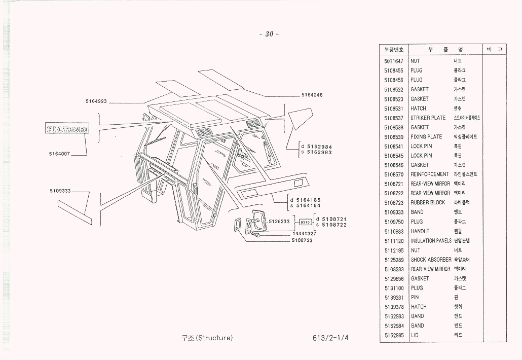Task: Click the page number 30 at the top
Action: click(269, 34)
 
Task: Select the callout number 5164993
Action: click(96, 101)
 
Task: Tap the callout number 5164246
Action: click(312, 95)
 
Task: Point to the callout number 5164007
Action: click(60, 154)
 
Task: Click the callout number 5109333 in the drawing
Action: click(60, 191)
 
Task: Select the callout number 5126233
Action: click(279, 221)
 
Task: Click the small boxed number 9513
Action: click(305, 222)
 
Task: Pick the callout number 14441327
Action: click(304, 234)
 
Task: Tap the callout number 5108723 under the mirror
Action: click(302, 240)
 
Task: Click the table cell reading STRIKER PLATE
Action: click(428, 118)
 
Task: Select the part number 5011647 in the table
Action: click(394, 61)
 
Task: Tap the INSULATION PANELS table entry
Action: click(431, 241)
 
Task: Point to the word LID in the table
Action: click(415, 335)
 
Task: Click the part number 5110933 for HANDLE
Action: click(394, 231)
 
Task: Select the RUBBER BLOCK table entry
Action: click(428, 203)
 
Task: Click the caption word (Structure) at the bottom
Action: click(214, 338)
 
